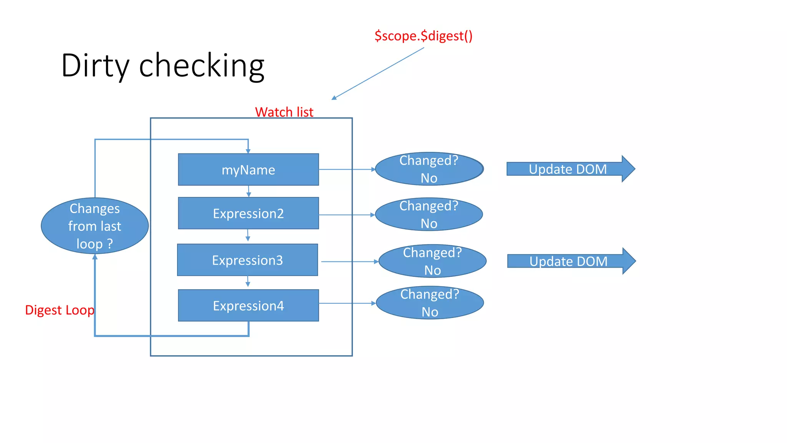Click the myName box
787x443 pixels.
pos(248,170)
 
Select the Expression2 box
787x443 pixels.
pos(248,213)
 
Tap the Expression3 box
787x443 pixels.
pos(247,260)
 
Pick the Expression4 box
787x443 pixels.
pos(248,305)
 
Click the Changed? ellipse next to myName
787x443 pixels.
pos(429,169)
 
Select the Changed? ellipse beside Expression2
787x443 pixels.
pos(429,214)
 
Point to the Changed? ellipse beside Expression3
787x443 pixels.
pos(432,261)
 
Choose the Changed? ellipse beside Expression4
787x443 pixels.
pos(430,303)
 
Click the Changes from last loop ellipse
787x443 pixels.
pos(95,226)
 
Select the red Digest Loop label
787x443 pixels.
pos(59,310)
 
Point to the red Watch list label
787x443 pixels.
pos(284,112)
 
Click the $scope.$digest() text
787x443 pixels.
pos(423,36)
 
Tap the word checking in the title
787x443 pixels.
pos(201,66)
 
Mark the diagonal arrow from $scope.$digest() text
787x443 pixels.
pos(378,73)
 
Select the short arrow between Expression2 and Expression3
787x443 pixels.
pos(248,235)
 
